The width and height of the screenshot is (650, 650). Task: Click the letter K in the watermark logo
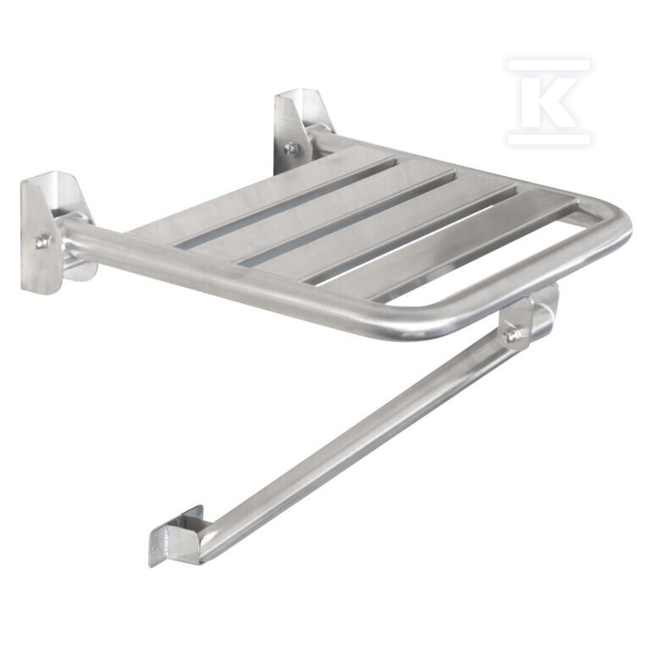click(548, 100)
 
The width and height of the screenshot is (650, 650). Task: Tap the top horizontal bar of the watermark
click(548, 65)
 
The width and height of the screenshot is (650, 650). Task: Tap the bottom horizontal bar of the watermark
click(548, 139)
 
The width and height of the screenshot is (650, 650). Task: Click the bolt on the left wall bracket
click(41, 241)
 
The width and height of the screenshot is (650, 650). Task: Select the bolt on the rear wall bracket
click(291, 147)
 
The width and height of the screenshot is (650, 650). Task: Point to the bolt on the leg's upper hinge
click(514, 334)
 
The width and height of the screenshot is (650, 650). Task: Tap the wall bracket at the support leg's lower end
click(176, 536)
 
